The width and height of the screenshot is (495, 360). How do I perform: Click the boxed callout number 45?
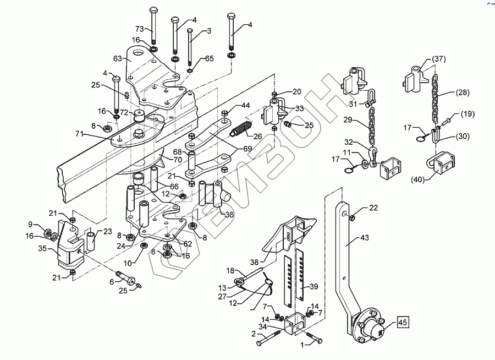coord(403,323)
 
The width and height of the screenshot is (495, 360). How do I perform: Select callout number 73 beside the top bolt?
coord(140,29)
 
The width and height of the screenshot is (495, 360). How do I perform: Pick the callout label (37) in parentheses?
coord(438,59)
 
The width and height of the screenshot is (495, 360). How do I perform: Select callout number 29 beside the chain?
coord(347,119)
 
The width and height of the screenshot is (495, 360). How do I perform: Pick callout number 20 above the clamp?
coord(296,91)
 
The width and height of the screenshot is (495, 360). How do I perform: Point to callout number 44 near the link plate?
coord(245,105)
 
